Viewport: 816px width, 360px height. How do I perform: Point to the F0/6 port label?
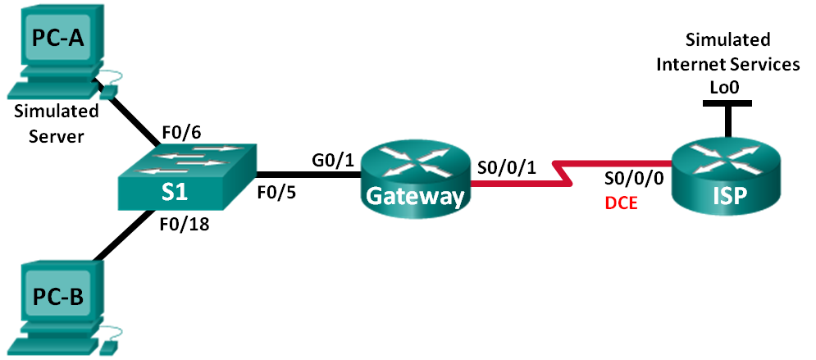tap(185, 129)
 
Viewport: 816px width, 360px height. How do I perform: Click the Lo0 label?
tap(727, 85)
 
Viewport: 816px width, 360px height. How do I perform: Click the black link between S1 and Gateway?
tap(307, 175)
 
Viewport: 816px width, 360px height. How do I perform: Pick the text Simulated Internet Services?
tap(727, 52)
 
